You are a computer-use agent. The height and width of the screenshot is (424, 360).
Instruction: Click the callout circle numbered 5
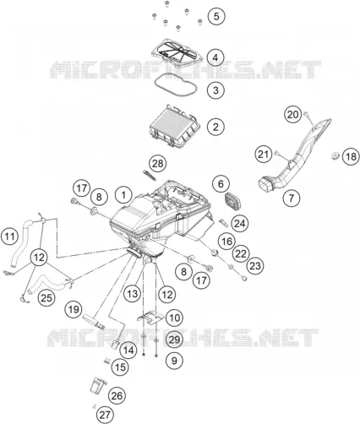point(216,16)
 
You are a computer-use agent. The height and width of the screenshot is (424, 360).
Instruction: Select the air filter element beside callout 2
point(175,126)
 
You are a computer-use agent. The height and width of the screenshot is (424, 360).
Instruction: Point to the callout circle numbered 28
point(157,163)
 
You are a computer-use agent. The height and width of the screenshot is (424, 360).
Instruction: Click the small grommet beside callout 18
point(335,155)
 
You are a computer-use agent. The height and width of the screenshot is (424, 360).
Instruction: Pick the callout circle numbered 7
point(292,198)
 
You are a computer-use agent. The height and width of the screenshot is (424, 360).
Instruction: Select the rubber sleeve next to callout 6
point(233,201)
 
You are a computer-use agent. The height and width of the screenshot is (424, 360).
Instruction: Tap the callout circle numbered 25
point(46,297)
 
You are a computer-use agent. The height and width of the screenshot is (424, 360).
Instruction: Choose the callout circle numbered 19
point(74,310)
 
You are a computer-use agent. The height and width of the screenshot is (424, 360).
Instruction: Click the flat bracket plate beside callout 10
point(150,318)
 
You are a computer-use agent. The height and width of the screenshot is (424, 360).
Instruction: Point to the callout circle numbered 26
point(117,395)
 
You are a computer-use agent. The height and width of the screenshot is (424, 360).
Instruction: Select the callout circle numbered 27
point(105,415)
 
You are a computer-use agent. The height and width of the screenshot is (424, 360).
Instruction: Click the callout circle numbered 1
point(123,195)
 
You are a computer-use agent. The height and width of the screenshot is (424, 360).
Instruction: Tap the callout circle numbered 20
point(292,115)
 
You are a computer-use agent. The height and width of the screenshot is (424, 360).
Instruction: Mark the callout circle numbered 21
point(264,154)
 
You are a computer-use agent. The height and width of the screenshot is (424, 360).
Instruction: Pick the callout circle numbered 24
point(240,223)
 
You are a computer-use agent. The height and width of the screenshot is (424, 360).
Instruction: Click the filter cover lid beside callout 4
point(177,52)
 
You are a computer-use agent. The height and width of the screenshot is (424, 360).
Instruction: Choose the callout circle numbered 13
point(133,294)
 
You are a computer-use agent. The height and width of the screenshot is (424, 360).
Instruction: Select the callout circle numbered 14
point(128,350)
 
